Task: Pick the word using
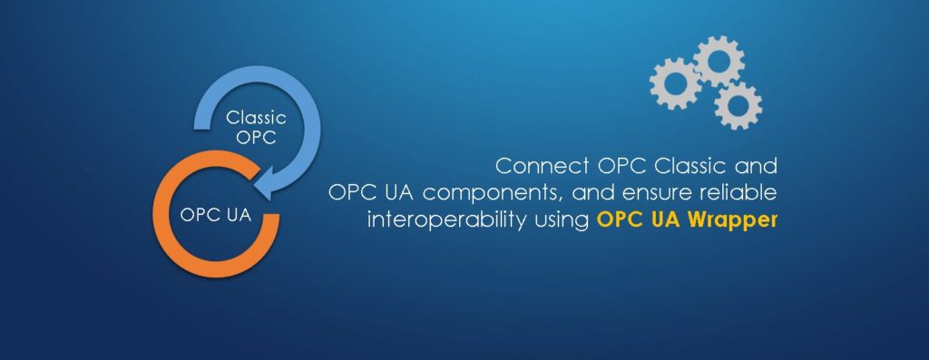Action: (x=562, y=220)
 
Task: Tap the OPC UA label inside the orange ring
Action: (x=215, y=216)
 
